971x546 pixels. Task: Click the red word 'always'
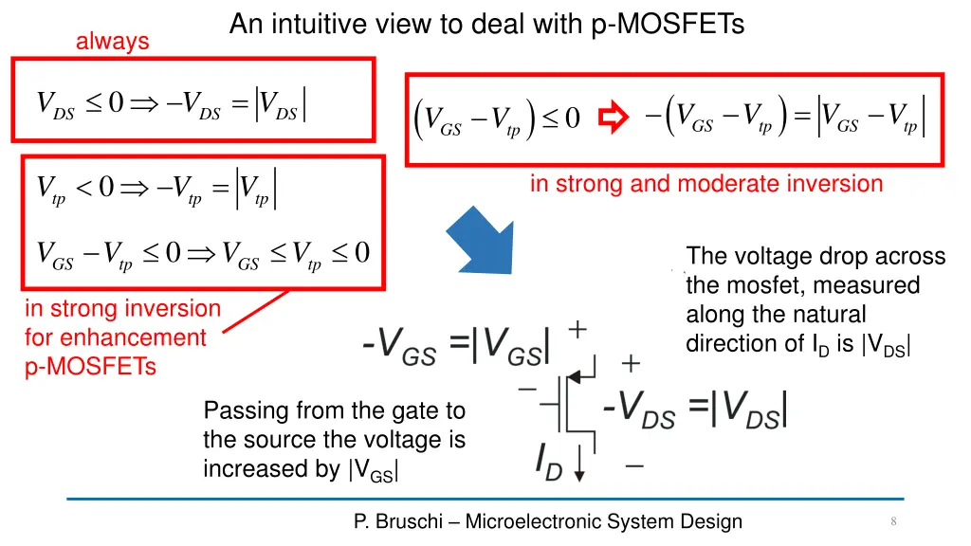112,41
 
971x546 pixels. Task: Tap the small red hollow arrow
615,118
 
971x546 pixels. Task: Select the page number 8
893,521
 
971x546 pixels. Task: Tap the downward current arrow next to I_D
580,464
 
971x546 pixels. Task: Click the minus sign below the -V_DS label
634,465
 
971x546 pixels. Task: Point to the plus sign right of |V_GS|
577,328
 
